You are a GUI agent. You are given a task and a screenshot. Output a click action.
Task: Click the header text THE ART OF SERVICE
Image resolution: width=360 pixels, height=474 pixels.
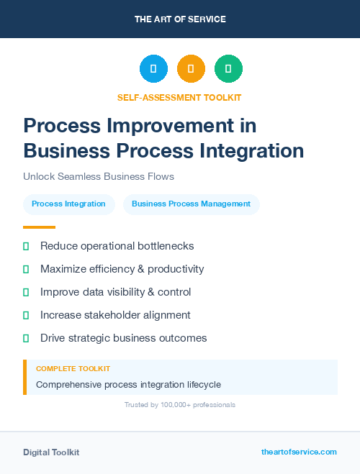[180, 19]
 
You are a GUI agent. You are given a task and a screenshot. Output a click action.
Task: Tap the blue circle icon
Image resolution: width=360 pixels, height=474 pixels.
[153, 68]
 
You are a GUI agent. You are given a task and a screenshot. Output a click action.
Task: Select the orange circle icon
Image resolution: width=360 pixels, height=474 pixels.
[191, 68]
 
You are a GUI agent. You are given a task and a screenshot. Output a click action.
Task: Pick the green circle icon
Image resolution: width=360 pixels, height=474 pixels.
[228, 68]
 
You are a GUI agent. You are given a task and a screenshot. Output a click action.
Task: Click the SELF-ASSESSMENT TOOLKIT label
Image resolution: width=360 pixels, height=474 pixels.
[179, 97]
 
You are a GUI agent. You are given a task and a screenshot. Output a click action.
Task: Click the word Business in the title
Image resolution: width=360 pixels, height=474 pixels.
[60, 150]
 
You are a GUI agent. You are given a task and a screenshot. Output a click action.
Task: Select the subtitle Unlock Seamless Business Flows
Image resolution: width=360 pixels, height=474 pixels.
[99, 176]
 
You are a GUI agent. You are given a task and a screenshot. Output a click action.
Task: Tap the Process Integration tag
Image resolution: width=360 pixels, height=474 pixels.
[69, 204]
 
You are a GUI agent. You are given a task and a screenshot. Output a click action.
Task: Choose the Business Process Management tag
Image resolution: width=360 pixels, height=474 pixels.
[191, 204]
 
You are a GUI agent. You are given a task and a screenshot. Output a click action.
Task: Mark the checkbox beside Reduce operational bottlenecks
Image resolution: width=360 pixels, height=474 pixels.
[26, 246]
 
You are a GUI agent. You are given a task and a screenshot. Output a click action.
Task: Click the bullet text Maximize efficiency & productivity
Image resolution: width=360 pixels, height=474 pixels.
[122, 269]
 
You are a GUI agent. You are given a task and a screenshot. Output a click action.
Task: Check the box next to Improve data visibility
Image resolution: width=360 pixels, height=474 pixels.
[26, 292]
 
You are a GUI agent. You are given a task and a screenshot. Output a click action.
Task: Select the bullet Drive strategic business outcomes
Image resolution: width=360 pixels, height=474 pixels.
[123, 338]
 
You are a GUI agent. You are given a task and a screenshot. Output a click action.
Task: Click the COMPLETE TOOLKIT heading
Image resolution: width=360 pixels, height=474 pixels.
[73, 368]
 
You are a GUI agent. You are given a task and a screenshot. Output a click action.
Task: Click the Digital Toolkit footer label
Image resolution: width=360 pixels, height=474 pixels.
[51, 452]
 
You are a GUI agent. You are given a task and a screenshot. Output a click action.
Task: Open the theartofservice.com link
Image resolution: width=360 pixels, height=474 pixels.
[299, 452]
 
